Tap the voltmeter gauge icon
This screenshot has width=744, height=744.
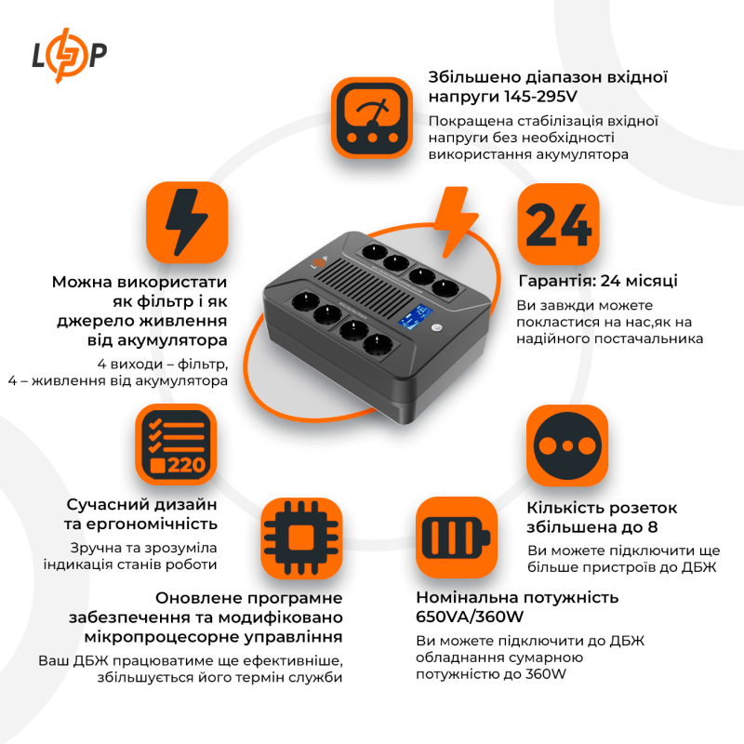(x=372, y=118)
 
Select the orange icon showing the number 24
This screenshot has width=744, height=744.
(x=558, y=224)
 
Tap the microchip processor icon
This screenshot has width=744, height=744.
(x=300, y=538)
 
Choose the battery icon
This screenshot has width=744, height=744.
(x=456, y=538)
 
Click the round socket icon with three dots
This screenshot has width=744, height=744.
(x=566, y=445)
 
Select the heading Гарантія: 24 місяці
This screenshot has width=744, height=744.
(x=597, y=281)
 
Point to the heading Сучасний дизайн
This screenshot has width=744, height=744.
(x=141, y=504)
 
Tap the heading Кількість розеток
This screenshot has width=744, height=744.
(x=602, y=508)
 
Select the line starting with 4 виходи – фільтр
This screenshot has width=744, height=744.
(x=162, y=363)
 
